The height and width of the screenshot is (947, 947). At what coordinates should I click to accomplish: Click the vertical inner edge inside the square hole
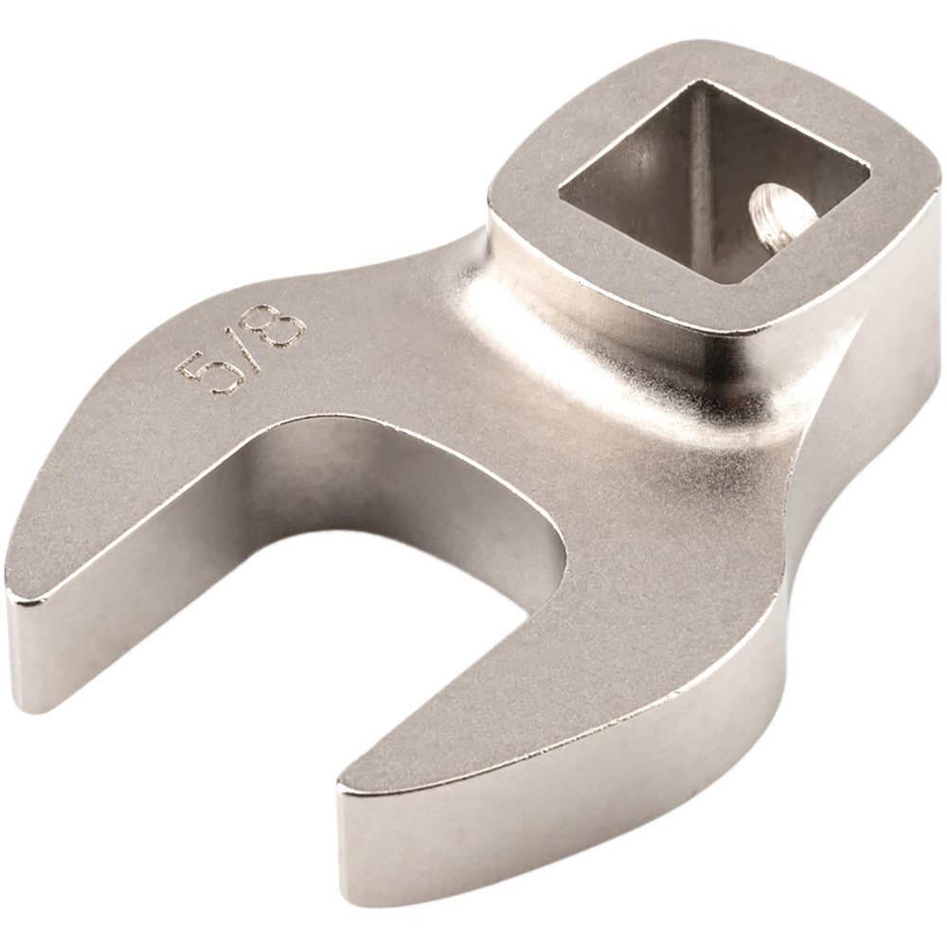point(691,180)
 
